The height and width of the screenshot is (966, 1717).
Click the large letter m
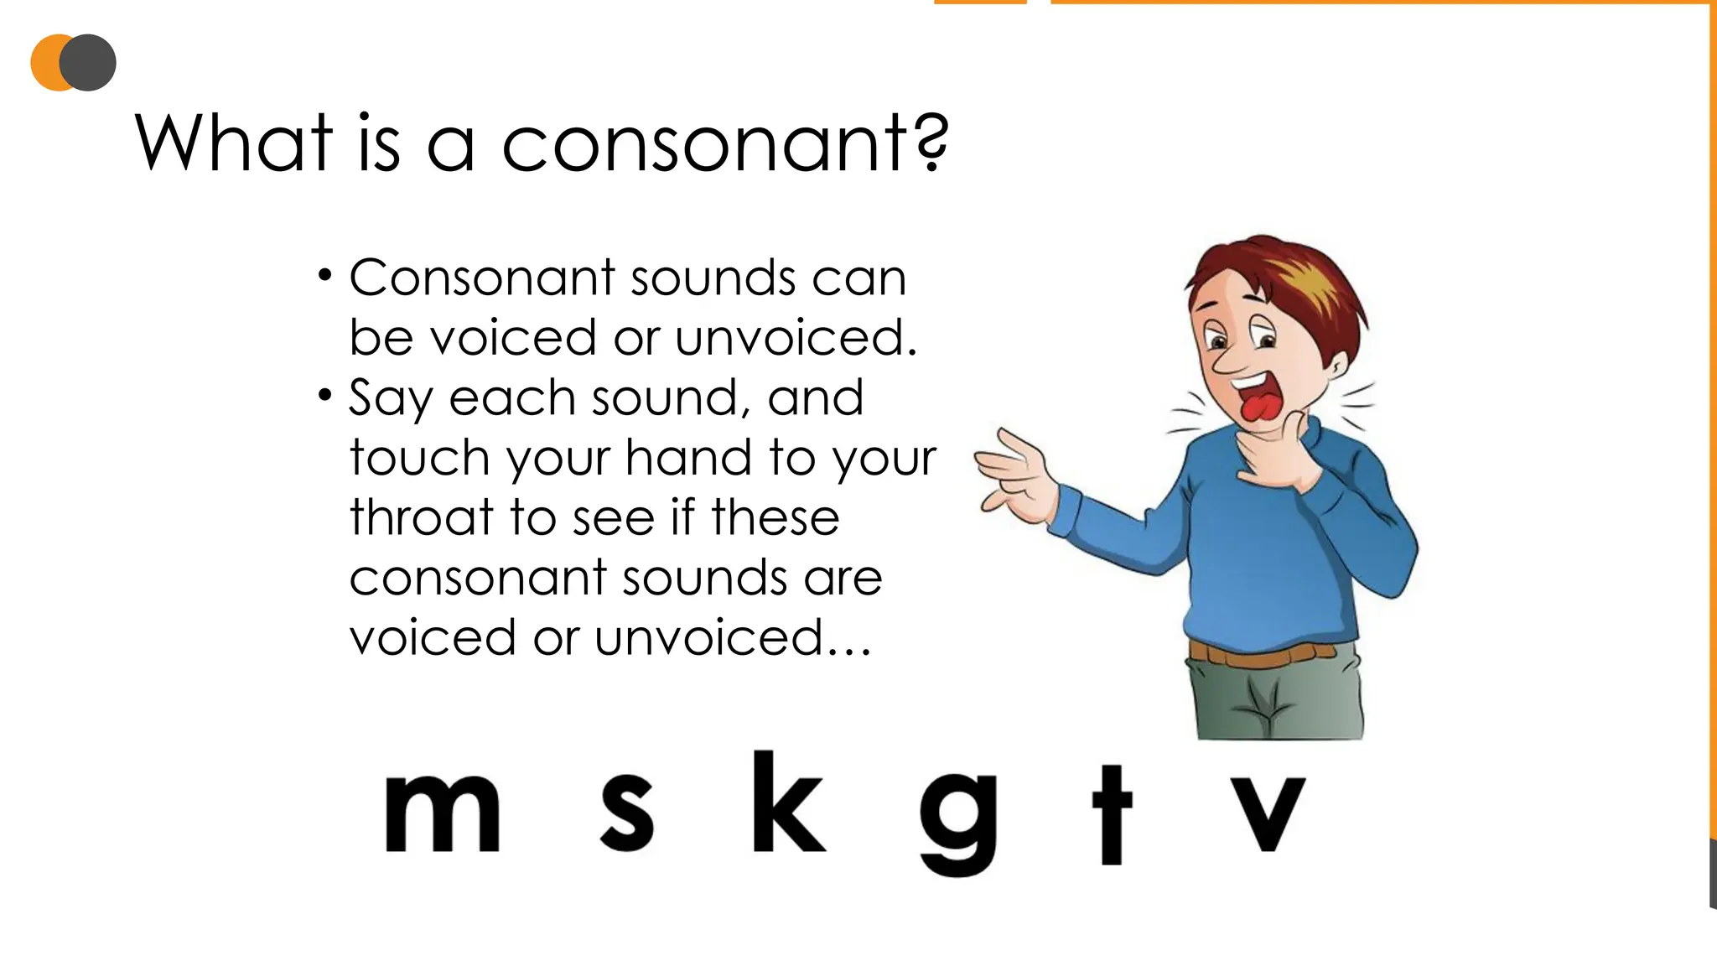[x=442, y=813]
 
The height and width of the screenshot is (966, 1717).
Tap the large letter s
[x=627, y=813]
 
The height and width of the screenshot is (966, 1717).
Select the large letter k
[x=786, y=802]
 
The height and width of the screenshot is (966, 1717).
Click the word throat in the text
[x=420, y=517]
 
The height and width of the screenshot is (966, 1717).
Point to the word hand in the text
[x=687, y=458]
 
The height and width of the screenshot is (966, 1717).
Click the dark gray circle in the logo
[x=89, y=63]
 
